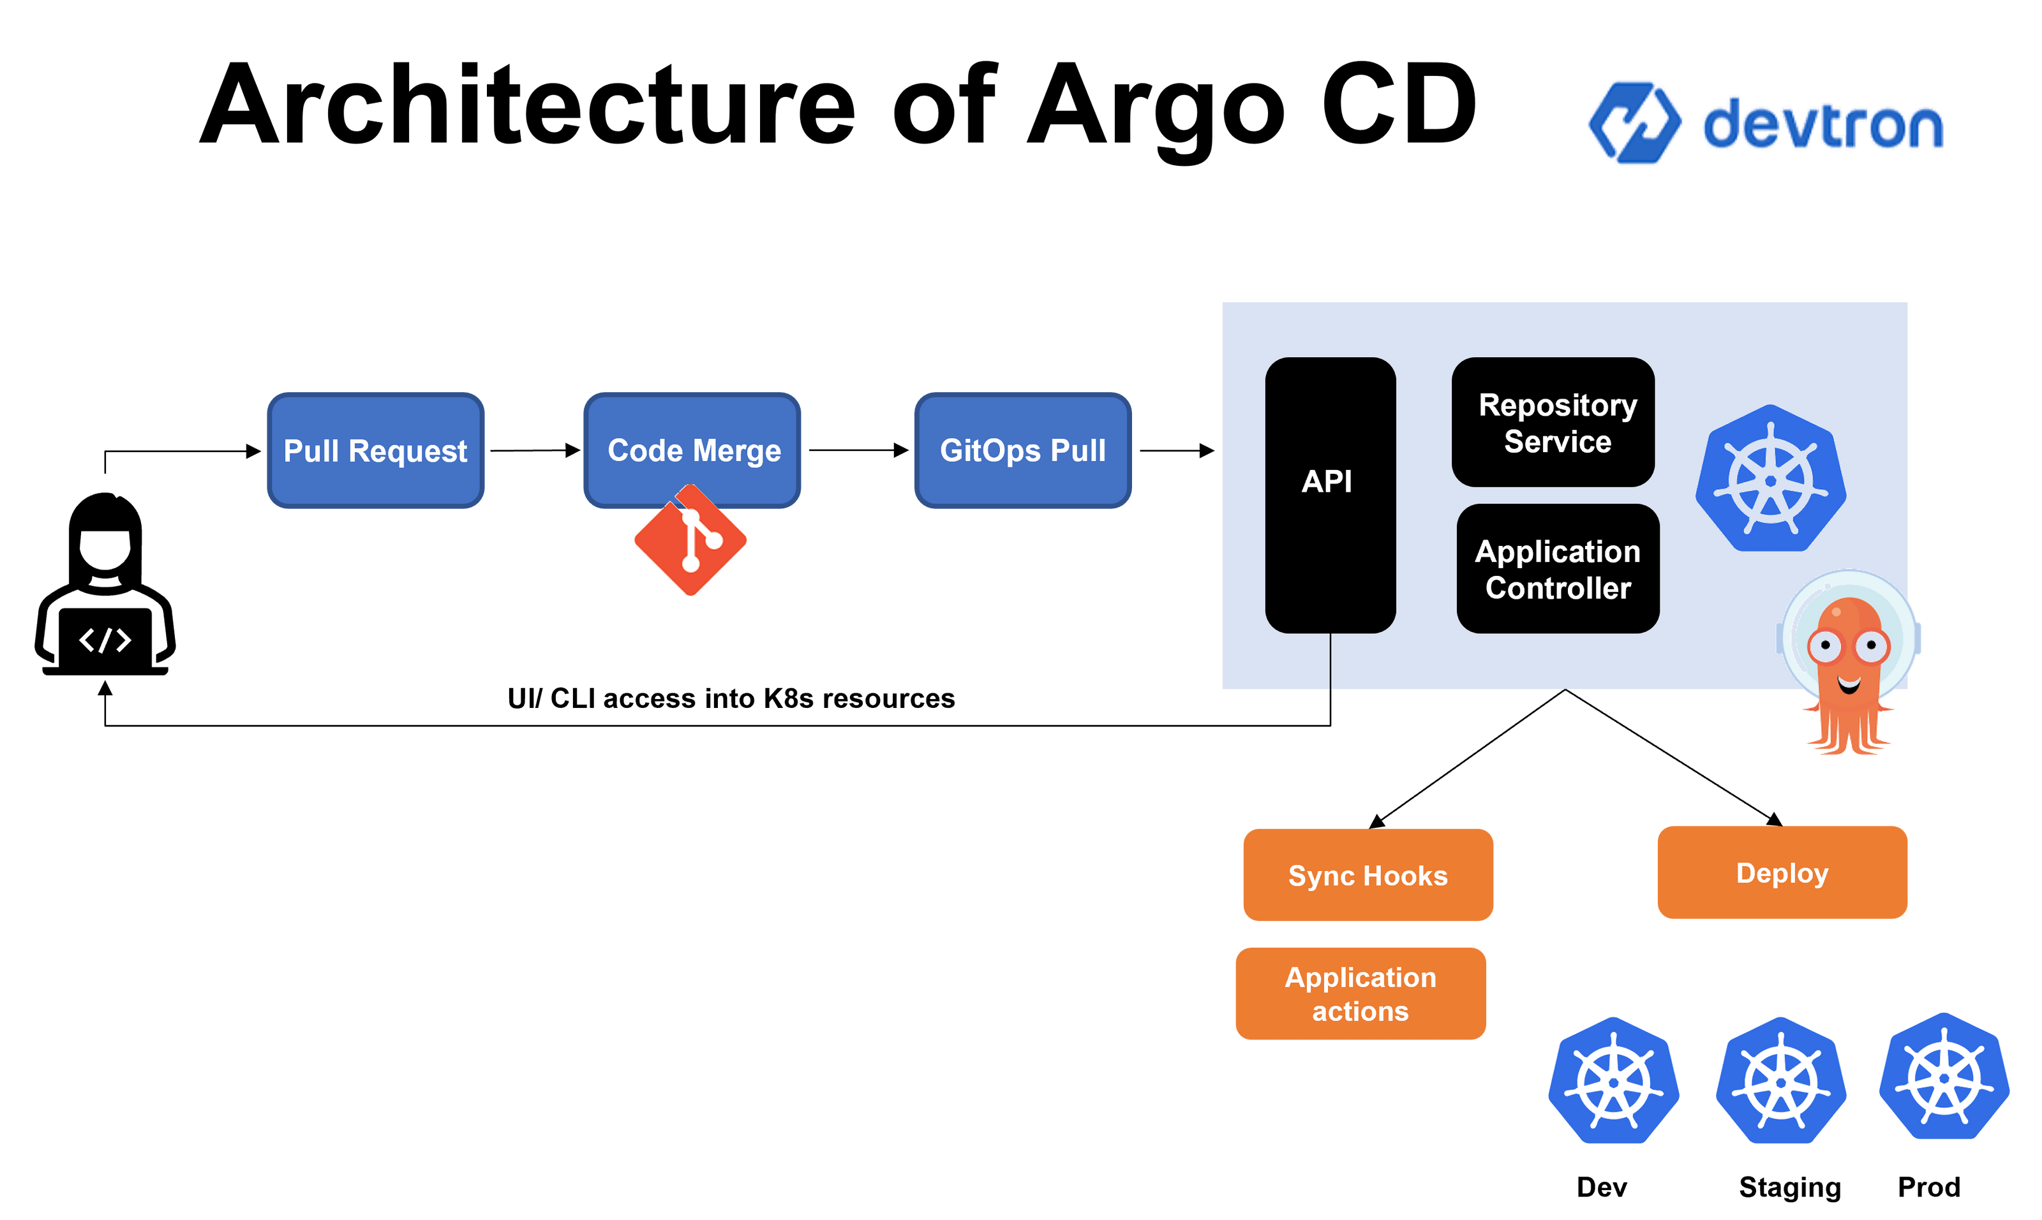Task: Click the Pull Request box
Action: tap(375, 450)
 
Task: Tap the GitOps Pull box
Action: tap(1022, 450)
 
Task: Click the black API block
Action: tap(1329, 494)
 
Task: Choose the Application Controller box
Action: tap(1557, 569)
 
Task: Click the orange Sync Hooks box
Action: tap(1368, 875)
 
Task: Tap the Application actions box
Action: tap(1360, 994)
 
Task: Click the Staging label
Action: tap(1789, 1187)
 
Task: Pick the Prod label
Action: tap(1928, 1186)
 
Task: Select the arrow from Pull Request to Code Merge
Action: tap(535, 450)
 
